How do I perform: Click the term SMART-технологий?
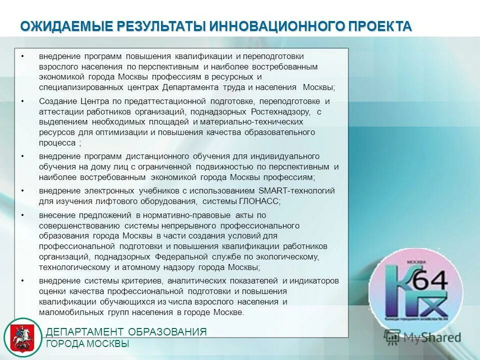tap(297, 190)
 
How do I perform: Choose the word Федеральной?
tap(183, 256)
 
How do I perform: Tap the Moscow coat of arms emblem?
tap(22, 337)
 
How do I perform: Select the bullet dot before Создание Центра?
tap(23, 101)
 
